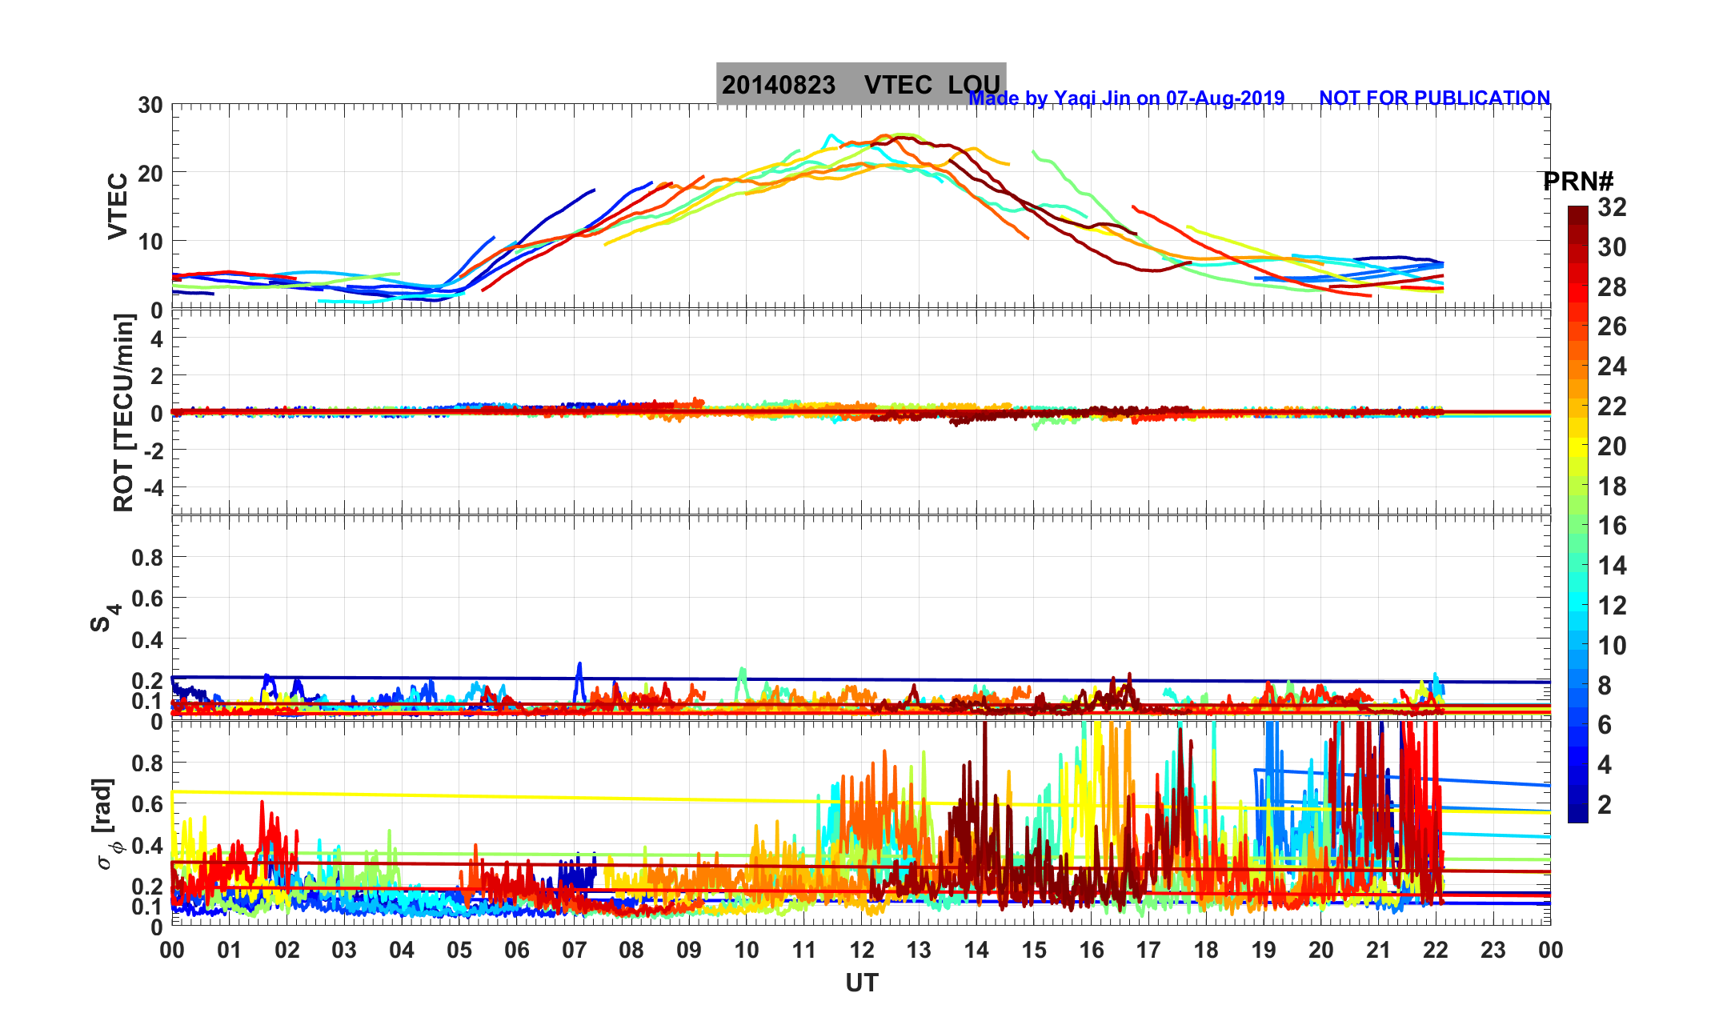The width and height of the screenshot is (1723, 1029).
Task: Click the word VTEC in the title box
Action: pos(898,86)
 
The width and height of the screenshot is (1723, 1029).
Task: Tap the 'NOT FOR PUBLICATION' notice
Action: pos(1434,98)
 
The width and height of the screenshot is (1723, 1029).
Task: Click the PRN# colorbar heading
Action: pos(1577,182)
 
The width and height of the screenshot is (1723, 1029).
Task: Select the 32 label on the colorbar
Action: pos(1612,208)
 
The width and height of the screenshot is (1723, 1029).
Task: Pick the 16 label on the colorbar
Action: pos(1612,526)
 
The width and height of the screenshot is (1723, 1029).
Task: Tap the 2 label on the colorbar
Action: pos(1604,805)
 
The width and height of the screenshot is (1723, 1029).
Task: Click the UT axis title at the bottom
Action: pos(862,983)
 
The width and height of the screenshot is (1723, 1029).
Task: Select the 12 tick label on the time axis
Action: pos(862,951)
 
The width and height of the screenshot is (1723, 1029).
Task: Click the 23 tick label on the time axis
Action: pos(1493,951)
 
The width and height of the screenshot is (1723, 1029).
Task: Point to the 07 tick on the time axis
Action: pos(574,951)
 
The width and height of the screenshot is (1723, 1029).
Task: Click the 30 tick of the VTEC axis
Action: pos(150,106)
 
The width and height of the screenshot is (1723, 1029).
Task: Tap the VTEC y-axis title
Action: pos(118,206)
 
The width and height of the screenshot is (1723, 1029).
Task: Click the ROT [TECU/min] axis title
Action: pos(124,413)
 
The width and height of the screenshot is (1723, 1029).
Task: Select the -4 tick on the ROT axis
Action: pos(150,487)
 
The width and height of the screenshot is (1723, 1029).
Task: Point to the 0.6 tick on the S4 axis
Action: pos(147,599)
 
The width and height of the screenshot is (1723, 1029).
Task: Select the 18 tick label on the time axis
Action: pos(1206,951)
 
